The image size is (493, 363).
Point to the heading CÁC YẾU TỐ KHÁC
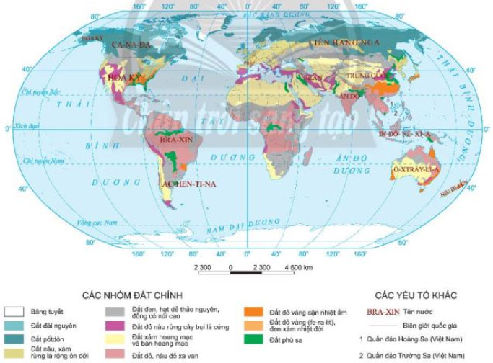tap(414, 295)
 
